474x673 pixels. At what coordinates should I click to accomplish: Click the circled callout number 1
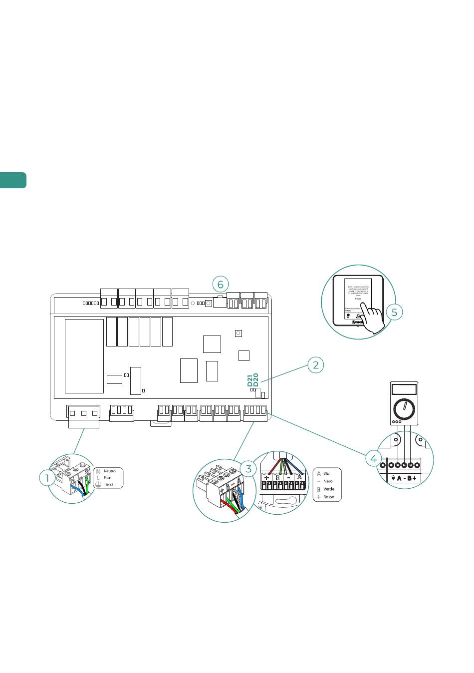(47, 478)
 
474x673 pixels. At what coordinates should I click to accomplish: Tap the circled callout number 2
(315, 365)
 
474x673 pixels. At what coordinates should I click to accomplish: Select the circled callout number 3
(248, 468)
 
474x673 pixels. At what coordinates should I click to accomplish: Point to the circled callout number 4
(374, 457)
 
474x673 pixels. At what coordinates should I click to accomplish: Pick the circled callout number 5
(394, 312)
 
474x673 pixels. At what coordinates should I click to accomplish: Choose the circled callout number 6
(220, 284)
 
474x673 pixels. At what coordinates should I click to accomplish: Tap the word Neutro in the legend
(109, 471)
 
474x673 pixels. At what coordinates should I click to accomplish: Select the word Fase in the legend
(107, 478)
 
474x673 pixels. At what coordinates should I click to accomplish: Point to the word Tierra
(108, 484)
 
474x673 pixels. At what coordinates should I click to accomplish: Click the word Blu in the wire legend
(326, 473)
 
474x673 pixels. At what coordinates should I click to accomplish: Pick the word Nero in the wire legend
(328, 481)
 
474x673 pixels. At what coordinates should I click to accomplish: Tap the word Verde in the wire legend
(329, 489)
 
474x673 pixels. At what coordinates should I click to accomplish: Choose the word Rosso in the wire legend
(329, 497)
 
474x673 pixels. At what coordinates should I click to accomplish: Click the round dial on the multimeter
(404, 409)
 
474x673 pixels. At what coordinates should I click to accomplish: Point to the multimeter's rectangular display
(404, 389)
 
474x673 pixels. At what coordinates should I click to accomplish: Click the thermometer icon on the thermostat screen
(348, 316)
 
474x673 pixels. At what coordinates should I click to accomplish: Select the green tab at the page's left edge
(13, 180)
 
